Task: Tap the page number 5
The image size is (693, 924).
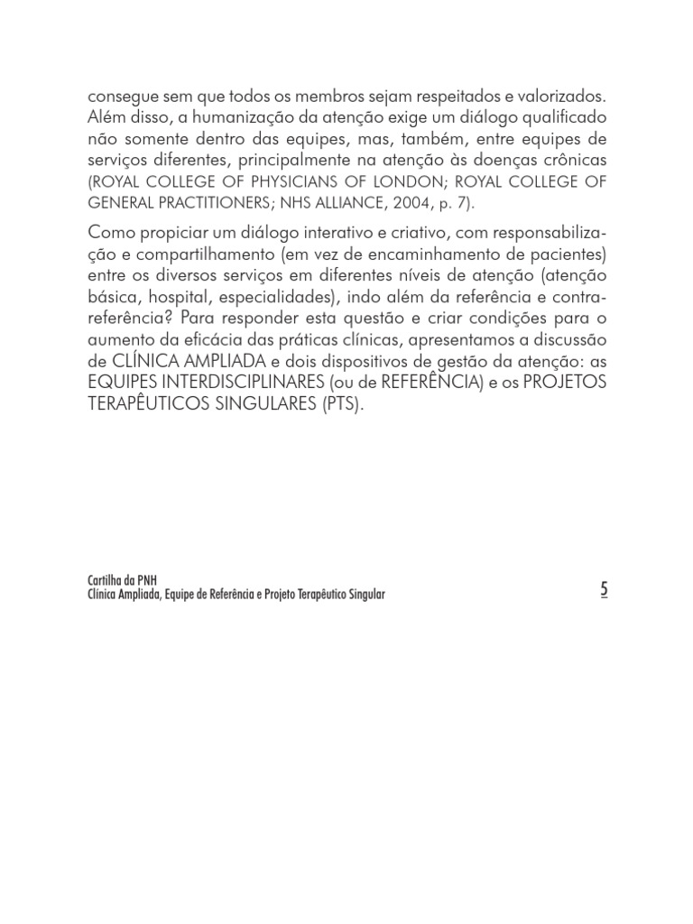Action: click(x=604, y=589)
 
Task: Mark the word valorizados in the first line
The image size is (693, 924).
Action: click(x=557, y=97)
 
